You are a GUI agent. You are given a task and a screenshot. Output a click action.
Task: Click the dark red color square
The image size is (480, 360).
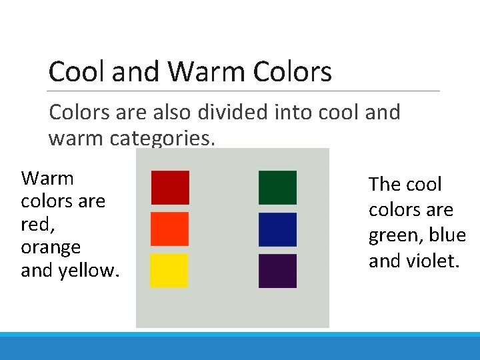tap(170, 187)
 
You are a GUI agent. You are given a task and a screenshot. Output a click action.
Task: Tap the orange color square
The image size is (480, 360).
tap(170, 229)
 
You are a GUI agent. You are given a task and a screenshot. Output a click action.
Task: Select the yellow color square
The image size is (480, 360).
tap(169, 271)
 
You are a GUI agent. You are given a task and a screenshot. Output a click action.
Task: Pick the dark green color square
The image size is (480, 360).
tap(277, 187)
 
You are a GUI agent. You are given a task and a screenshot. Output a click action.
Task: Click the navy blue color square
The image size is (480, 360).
tap(277, 229)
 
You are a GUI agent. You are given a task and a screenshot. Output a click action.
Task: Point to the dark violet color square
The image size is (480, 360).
tap(277, 271)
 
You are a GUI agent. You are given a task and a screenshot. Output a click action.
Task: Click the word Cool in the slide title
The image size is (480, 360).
tap(77, 72)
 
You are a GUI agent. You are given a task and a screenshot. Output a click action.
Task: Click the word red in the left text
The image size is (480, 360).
tap(33, 224)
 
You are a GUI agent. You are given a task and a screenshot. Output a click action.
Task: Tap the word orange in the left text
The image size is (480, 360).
tap(51, 247)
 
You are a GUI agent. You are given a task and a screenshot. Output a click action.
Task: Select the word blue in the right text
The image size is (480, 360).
tap(447, 235)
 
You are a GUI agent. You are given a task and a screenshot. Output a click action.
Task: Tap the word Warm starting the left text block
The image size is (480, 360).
tap(47, 178)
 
